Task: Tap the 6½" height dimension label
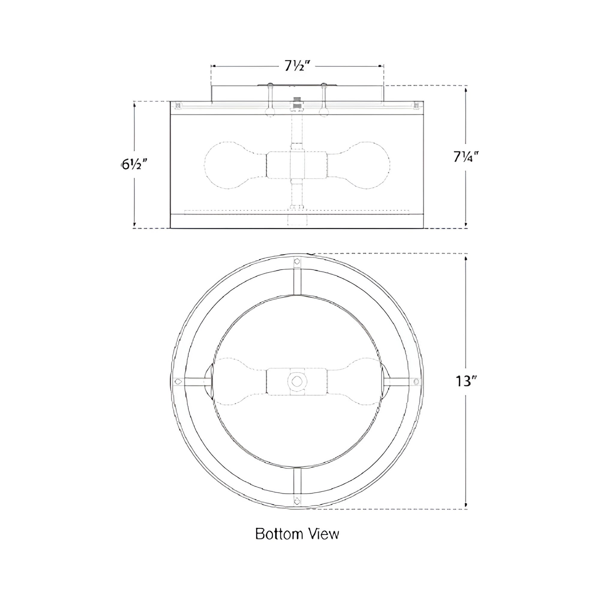(x=133, y=164)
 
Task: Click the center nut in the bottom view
(x=297, y=380)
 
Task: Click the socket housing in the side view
(x=297, y=165)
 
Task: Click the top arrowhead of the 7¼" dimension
(x=466, y=92)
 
